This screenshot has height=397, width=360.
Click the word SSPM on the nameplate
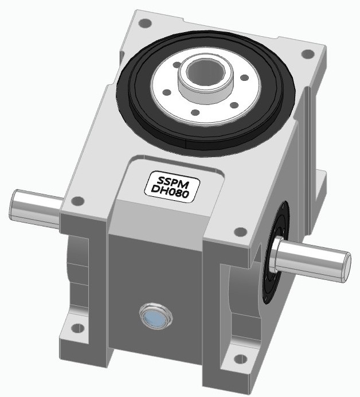click(x=170, y=180)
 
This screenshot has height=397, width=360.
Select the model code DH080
click(x=170, y=192)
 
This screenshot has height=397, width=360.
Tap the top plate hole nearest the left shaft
click(x=78, y=201)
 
